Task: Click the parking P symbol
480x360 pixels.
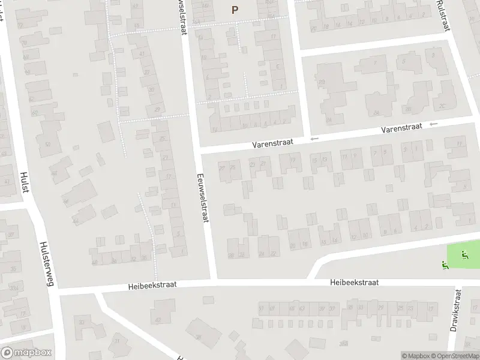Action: click(235, 9)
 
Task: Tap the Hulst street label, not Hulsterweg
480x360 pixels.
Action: click(25, 181)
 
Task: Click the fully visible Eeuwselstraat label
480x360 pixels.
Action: click(202, 197)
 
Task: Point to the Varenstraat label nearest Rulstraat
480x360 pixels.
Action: click(403, 128)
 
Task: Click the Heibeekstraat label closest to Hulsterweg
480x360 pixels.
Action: click(152, 286)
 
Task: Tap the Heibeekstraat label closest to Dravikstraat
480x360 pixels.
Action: click(353, 282)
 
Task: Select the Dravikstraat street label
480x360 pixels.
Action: click(457, 312)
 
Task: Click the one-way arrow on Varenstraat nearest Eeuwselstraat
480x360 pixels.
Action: click(313, 139)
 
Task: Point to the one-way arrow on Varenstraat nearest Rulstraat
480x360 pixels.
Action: click(434, 124)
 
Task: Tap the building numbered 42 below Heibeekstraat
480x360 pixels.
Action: click(158, 320)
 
